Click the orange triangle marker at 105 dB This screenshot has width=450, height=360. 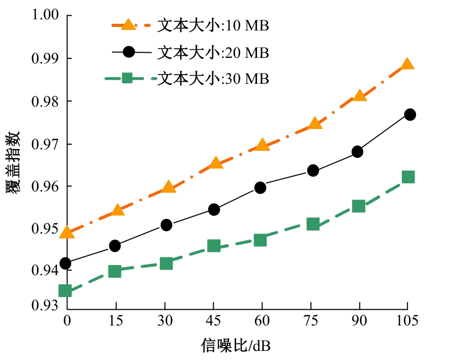point(407,64)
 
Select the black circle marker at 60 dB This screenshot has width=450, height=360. point(261,188)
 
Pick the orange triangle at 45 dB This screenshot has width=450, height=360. point(215,163)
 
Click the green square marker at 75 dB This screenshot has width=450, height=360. point(313,224)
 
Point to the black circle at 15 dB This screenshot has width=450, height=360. point(115,246)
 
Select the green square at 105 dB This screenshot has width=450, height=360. point(408,177)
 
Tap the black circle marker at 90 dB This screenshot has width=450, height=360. point(358,151)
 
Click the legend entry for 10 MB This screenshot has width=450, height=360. point(213,26)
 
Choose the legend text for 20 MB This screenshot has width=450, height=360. point(213,52)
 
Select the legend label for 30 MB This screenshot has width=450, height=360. point(213,79)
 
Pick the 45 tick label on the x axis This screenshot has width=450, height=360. point(213,320)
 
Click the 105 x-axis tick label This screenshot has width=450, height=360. point(407,320)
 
